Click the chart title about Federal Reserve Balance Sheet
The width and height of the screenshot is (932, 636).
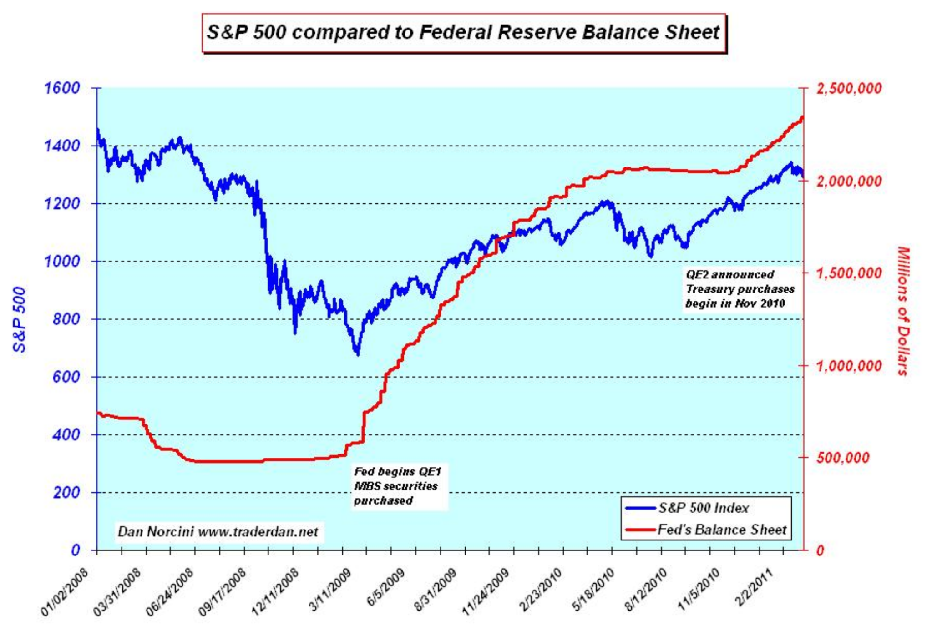463,33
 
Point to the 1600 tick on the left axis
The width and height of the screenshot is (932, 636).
62,88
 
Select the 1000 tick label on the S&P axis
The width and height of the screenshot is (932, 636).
62,261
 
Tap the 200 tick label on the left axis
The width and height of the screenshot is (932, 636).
66,492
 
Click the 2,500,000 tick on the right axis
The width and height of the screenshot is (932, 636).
849,88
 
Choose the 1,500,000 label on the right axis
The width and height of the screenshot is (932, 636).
849,273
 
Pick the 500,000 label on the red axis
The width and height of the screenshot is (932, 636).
843,458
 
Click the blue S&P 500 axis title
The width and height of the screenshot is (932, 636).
19,319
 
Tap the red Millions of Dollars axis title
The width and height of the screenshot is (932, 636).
903,311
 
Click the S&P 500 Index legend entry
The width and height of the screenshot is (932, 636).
703,508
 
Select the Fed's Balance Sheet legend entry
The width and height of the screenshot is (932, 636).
722,530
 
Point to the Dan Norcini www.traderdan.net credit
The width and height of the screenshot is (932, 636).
218,531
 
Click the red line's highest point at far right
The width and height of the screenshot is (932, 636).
802,117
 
